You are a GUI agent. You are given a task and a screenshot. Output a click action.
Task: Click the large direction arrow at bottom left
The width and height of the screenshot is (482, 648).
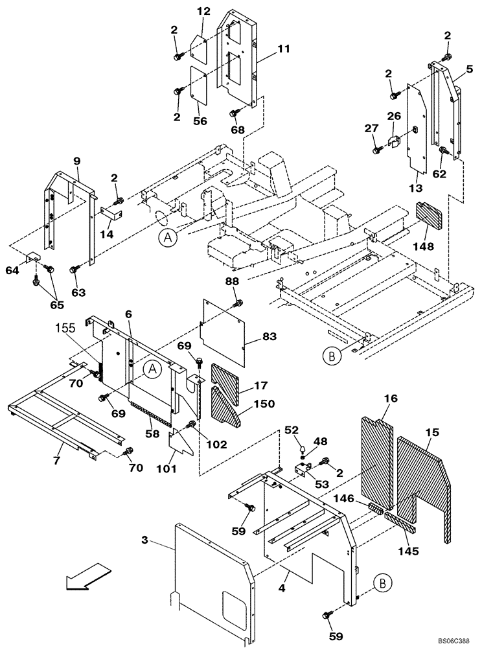87,577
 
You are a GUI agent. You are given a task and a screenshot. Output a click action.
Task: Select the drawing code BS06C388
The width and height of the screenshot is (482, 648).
452,638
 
